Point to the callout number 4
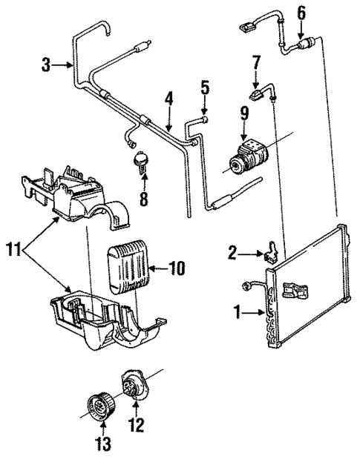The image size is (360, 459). pyautogui.click(x=168, y=98)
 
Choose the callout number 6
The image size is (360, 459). pyautogui.click(x=301, y=13)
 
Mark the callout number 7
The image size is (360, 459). pyautogui.click(x=255, y=62)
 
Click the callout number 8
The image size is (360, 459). pyautogui.click(x=144, y=199)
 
